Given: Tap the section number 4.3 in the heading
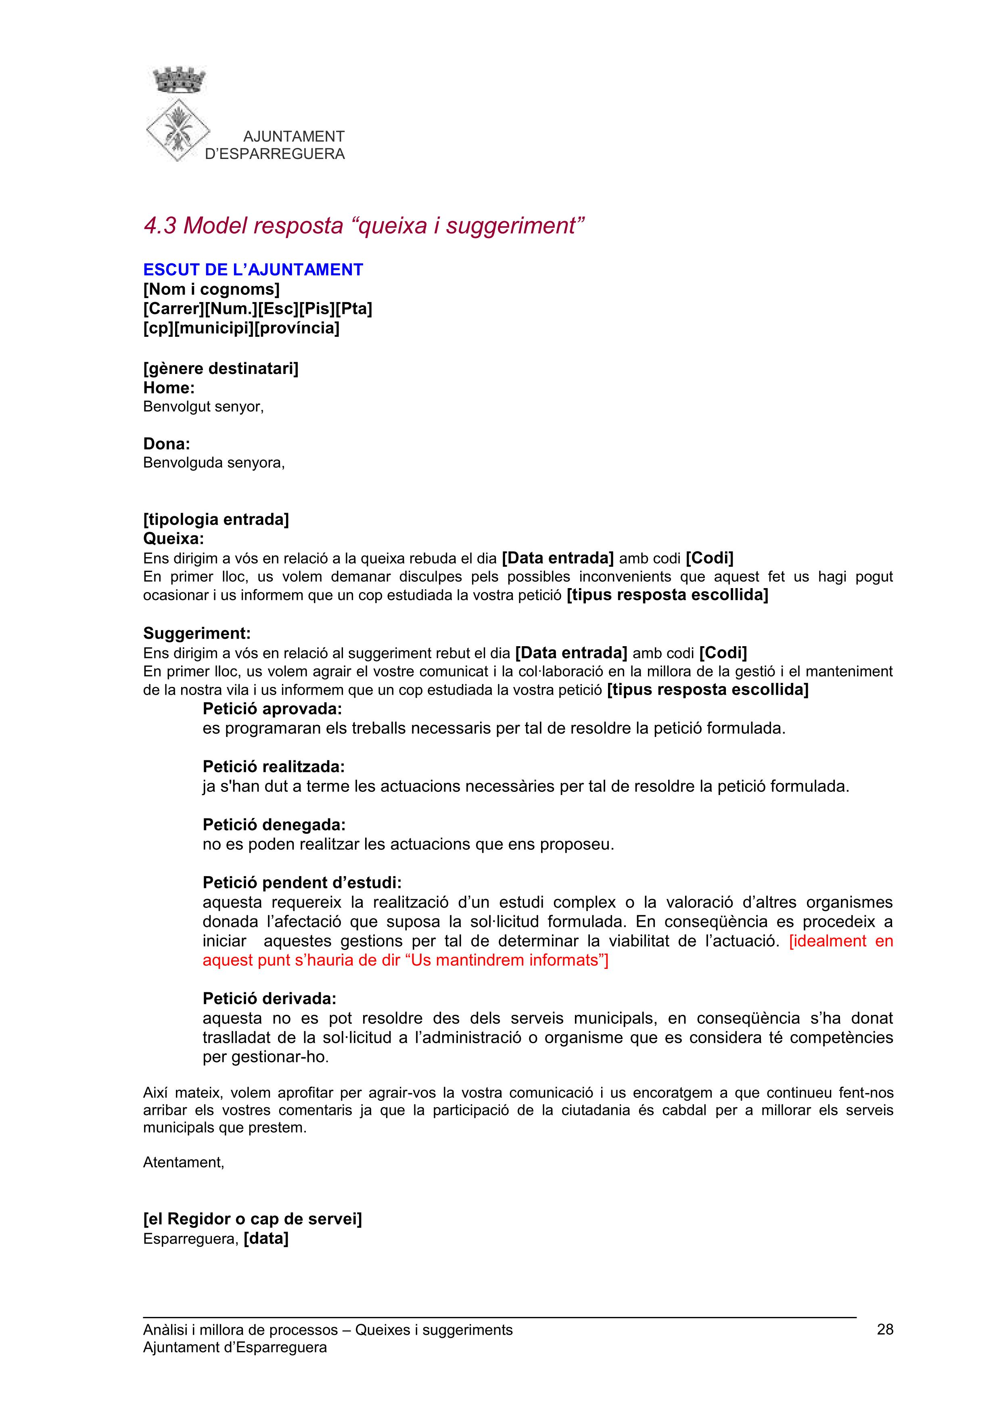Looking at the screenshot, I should click(160, 226).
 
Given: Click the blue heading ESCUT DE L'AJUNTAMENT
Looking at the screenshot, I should click(253, 270).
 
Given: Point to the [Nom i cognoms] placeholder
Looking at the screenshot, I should click(211, 289).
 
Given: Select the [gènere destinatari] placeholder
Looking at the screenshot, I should click(221, 369).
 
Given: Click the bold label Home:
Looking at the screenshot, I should click(169, 388).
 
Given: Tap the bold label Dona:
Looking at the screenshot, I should click(166, 444).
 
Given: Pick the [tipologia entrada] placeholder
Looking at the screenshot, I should click(216, 520).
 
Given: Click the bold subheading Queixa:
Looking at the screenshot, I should click(173, 538).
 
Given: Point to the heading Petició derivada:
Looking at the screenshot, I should click(270, 998).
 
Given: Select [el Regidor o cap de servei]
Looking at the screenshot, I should click(252, 1219).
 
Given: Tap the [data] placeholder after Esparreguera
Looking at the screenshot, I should click(266, 1238).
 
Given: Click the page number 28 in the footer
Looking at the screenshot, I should click(884, 1329).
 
